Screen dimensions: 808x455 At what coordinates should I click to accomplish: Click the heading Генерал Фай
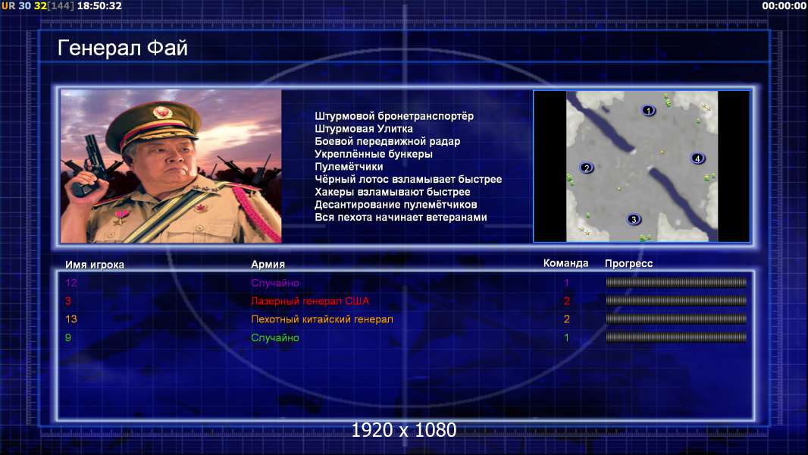tap(123, 48)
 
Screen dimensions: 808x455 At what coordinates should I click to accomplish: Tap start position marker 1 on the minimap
tap(648, 110)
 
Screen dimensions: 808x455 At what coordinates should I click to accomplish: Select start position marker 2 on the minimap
tap(587, 168)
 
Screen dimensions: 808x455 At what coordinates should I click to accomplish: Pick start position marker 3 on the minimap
tap(634, 219)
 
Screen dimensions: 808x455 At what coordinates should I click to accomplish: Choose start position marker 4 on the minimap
tap(697, 158)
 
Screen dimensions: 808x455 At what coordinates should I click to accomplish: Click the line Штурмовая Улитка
tap(364, 129)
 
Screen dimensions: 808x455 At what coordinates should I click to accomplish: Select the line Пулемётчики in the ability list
tap(349, 166)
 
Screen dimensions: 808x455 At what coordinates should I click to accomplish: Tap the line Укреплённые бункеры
tap(374, 154)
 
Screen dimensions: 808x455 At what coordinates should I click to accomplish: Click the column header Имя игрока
tap(94, 265)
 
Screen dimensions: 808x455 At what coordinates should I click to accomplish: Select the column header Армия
tap(268, 265)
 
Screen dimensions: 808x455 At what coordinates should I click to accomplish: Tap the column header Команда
tap(565, 263)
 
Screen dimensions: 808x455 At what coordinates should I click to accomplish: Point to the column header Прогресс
tap(628, 264)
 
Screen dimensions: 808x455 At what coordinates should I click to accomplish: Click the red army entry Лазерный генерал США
tap(310, 301)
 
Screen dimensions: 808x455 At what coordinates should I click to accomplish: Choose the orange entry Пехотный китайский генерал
tap(322, 319)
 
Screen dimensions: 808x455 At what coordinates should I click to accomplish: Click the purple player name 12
tap(71, 283)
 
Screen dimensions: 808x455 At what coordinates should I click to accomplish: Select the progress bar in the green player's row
tap(676, 337)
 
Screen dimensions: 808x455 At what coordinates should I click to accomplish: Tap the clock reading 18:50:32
tap(99, 5)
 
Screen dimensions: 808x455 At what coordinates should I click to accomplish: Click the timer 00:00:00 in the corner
tap(784, 5)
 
